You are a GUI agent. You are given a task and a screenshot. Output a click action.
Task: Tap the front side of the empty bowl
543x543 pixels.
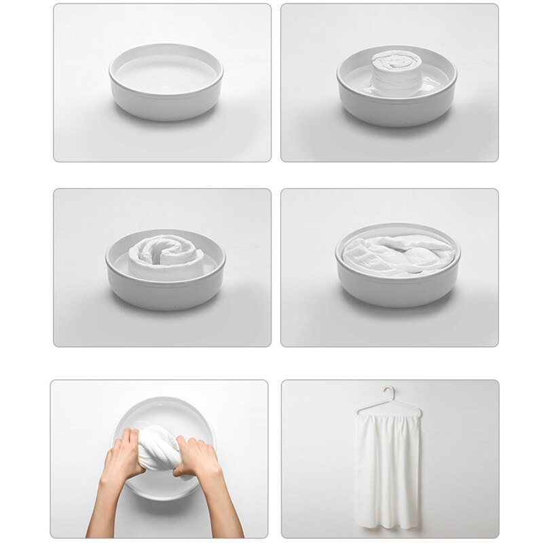pyautogui.click(x=166, y=102)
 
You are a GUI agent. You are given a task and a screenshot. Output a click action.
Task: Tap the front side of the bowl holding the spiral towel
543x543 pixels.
pyautogui.click(x=166, y=291)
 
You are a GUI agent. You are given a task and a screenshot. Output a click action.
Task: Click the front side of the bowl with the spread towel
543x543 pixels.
pyautogui.click(x=397, y=288)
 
